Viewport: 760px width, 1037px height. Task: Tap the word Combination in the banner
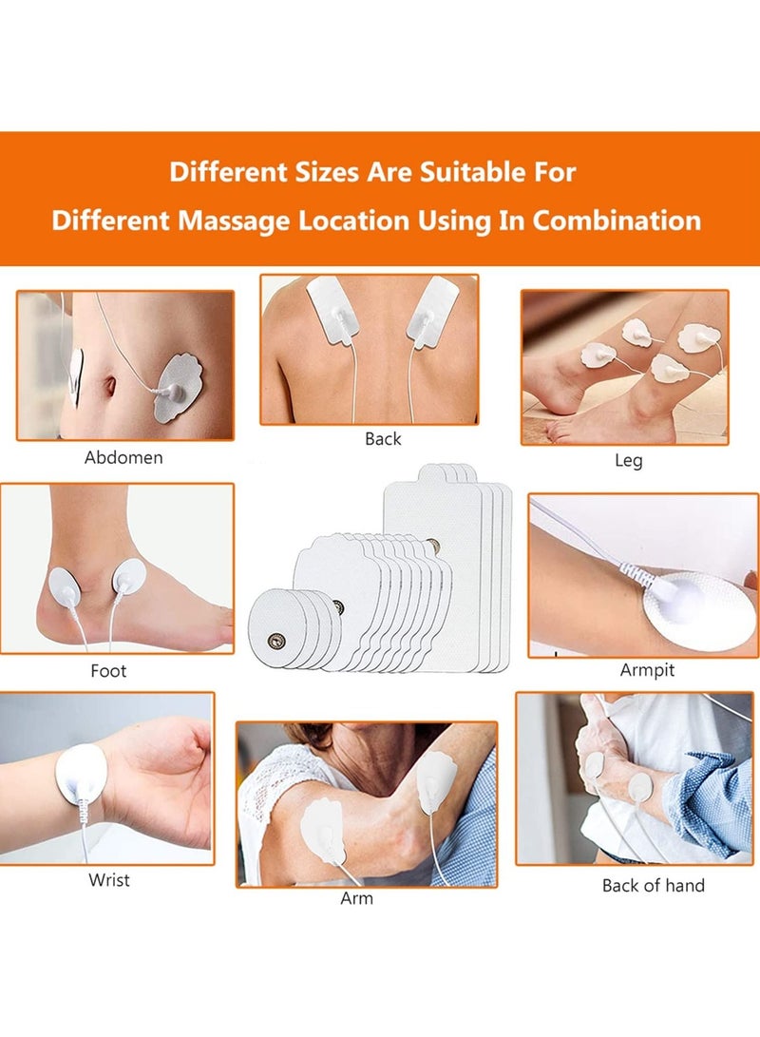617,221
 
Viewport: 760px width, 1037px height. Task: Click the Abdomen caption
123,457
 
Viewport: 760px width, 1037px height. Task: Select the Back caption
383,439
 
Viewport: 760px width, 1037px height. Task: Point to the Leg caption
628,461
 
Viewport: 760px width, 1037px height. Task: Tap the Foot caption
108,671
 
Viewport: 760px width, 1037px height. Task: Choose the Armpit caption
647,670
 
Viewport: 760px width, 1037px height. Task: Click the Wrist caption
109,880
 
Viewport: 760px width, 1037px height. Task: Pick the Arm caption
356,898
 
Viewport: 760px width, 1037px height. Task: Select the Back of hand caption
653,886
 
